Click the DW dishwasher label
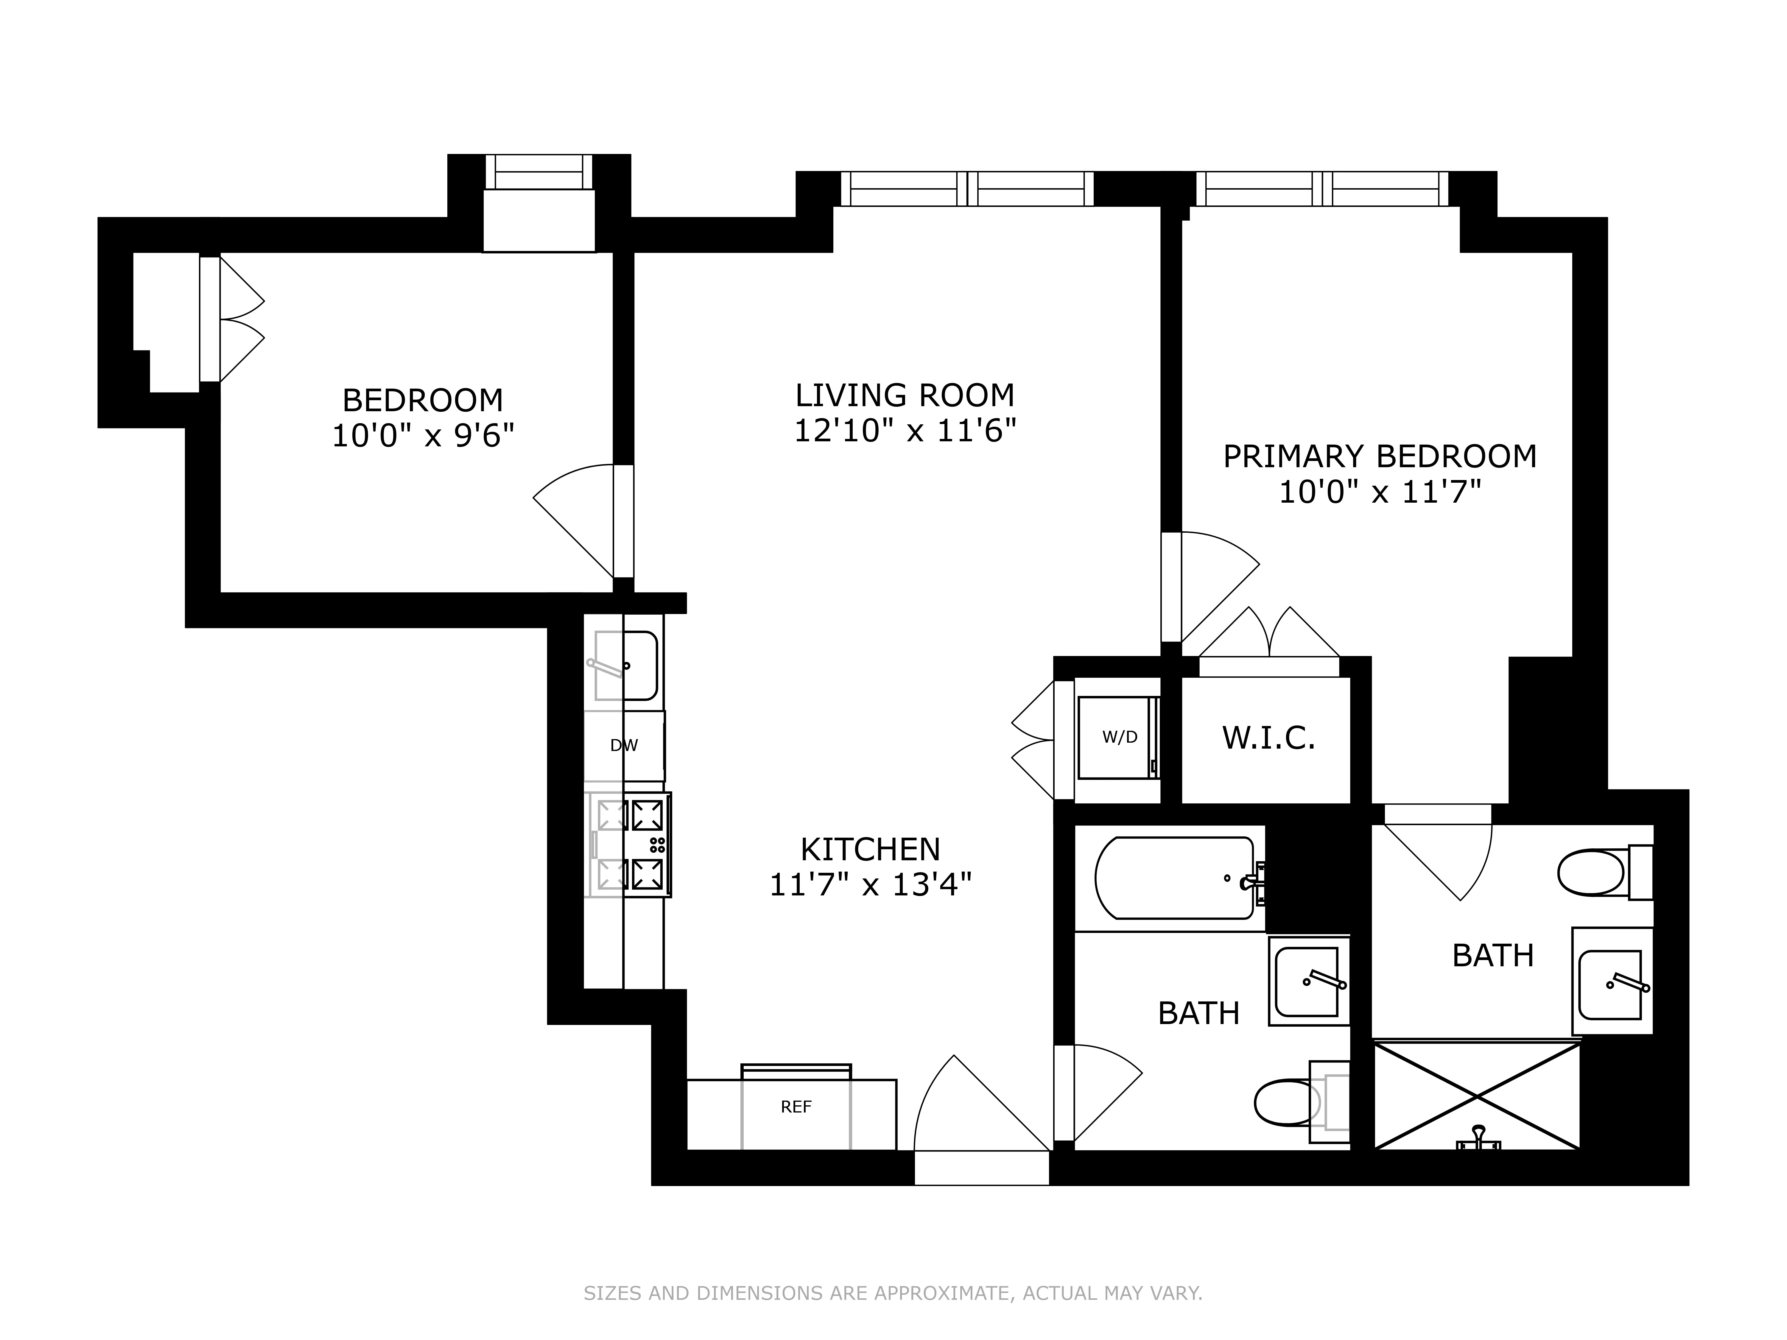pos(624,746)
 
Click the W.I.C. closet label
pos(1268,737)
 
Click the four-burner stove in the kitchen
pos(630,844)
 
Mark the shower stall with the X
pos(1477,1096)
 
